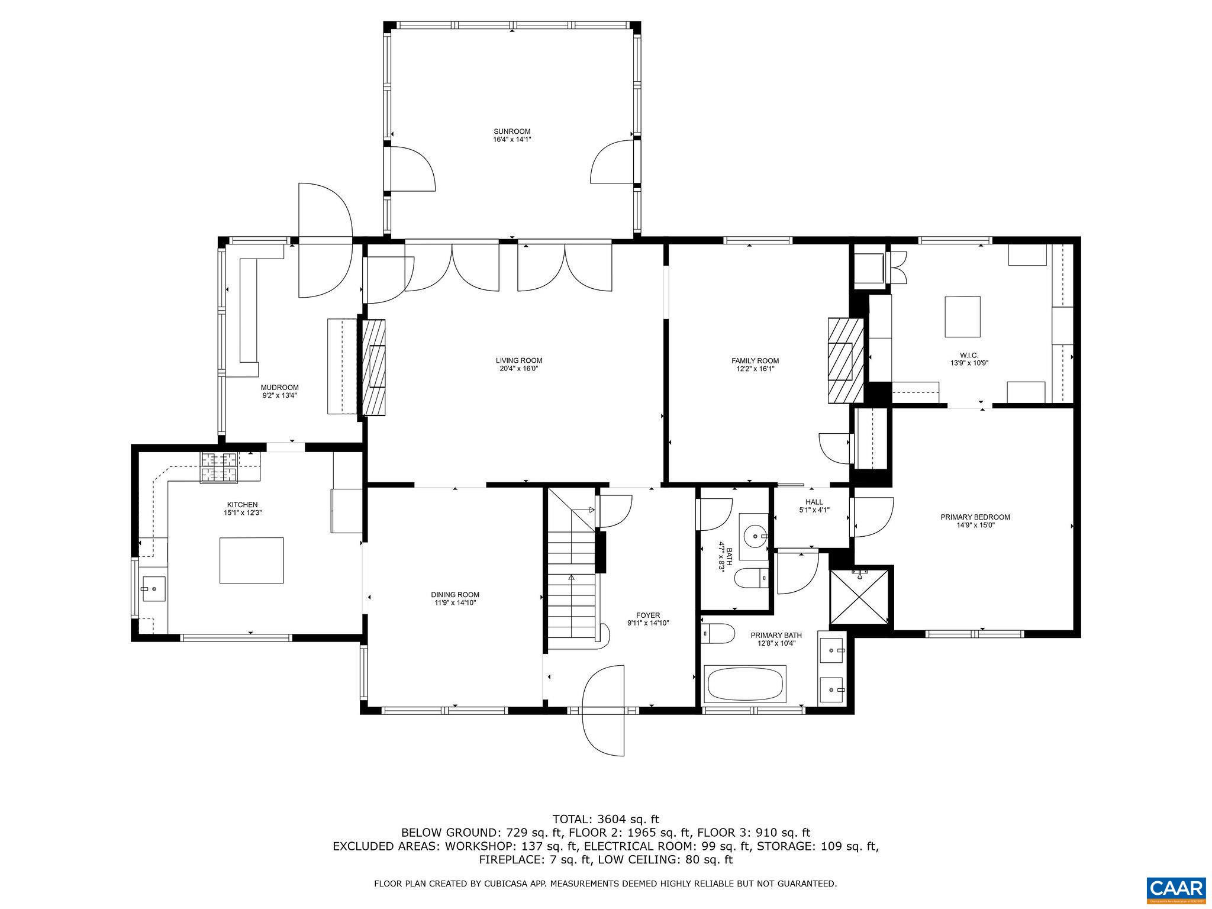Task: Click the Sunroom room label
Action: [512, 131]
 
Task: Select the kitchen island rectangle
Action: [252, 560]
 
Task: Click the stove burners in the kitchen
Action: [219, 468]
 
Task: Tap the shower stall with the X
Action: [860, 597]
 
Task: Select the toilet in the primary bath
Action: [717, 633]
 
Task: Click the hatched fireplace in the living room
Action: [373, 370]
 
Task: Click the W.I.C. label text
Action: [962, 356]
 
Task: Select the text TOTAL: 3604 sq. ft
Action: [605, 820]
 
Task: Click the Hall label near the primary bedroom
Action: [814, 502]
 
